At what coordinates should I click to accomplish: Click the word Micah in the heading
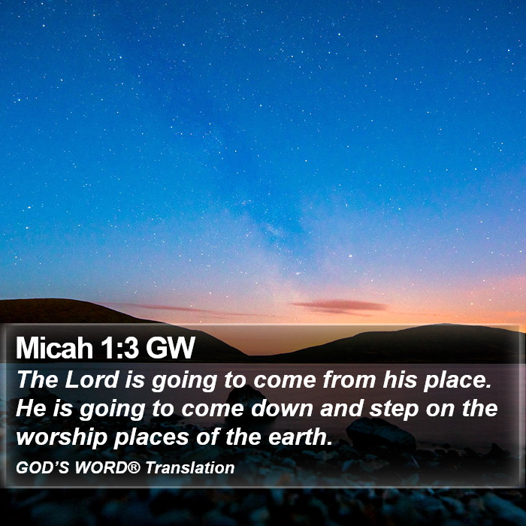[x=54, y=348]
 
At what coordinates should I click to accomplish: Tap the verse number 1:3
[x=119, y=348]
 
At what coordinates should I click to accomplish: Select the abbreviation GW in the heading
[x=170, y=348]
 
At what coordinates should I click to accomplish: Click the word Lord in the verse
[x=92, y=379]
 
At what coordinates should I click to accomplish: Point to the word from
[x=349, y=379]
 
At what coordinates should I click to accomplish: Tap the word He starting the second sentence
[x=30, y=409]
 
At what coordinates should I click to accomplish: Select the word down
[x=282, y=409]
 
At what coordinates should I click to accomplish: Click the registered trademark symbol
[x=134, y=467]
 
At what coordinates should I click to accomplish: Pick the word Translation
[x=190, y=467]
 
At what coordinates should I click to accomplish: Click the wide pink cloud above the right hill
[x=340, y=307]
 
